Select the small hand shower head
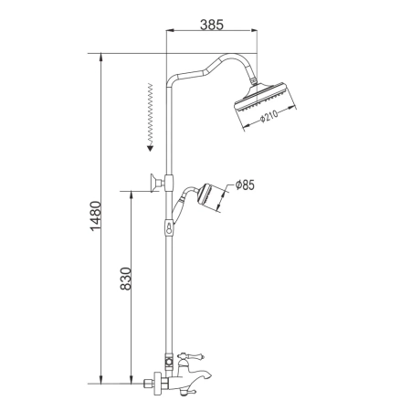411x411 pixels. (x=211, y=197)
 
